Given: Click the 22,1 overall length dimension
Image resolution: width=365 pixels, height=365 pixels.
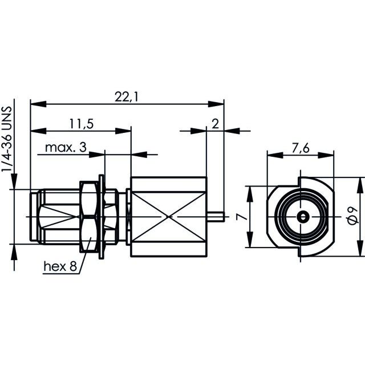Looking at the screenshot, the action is pyautogui.click(x=126, y=97).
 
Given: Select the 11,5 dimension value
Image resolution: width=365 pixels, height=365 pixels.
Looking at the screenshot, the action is pyautogui.click(x=82, y=124).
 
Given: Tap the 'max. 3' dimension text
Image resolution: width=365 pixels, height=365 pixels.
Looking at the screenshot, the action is pyautogui.click(x=66, y=147).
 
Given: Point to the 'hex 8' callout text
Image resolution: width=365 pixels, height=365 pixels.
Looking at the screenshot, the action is pyautogui.click(x=60, y=266).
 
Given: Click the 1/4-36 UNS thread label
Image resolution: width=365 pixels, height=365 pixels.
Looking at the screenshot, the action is pyautogui.click(x=6, y=139).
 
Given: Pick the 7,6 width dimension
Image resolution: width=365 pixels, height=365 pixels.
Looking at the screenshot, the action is pyautogui.click(x=301, y=148).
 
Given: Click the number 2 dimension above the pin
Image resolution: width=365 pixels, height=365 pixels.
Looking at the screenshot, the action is pyautogui.click(x=216, y=124).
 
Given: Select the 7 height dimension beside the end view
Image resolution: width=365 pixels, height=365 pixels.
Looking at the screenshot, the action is pyautogui.click(x=241, y=217).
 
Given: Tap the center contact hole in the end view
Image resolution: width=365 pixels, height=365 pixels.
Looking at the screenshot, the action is pyautogui.click(x=303, y=217).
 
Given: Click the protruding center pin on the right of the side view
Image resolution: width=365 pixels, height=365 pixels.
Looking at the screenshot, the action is pyautogui.click(x=216, y=217).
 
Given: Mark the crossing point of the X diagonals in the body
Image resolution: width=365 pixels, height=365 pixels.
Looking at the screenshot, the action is pyautogui.click(x=169, y=217).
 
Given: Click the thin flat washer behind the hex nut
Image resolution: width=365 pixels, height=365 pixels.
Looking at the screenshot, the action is pyautogui.click(x=102, y=217).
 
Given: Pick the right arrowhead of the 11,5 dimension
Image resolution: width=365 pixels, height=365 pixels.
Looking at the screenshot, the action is pyautogui.click(x=123, y=131).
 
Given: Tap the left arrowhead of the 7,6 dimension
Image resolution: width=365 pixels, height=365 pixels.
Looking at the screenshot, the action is pyautogui.click(x=275, y=155).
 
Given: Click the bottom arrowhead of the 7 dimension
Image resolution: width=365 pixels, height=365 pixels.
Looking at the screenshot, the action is pyautogui.click(x=250, y=240).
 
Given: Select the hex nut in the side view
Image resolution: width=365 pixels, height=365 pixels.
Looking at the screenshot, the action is pyautogui.click(x=88, y=217).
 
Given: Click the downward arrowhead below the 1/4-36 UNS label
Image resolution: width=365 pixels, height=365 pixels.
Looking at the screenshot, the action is pyautogui.click(x=14, y=181).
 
